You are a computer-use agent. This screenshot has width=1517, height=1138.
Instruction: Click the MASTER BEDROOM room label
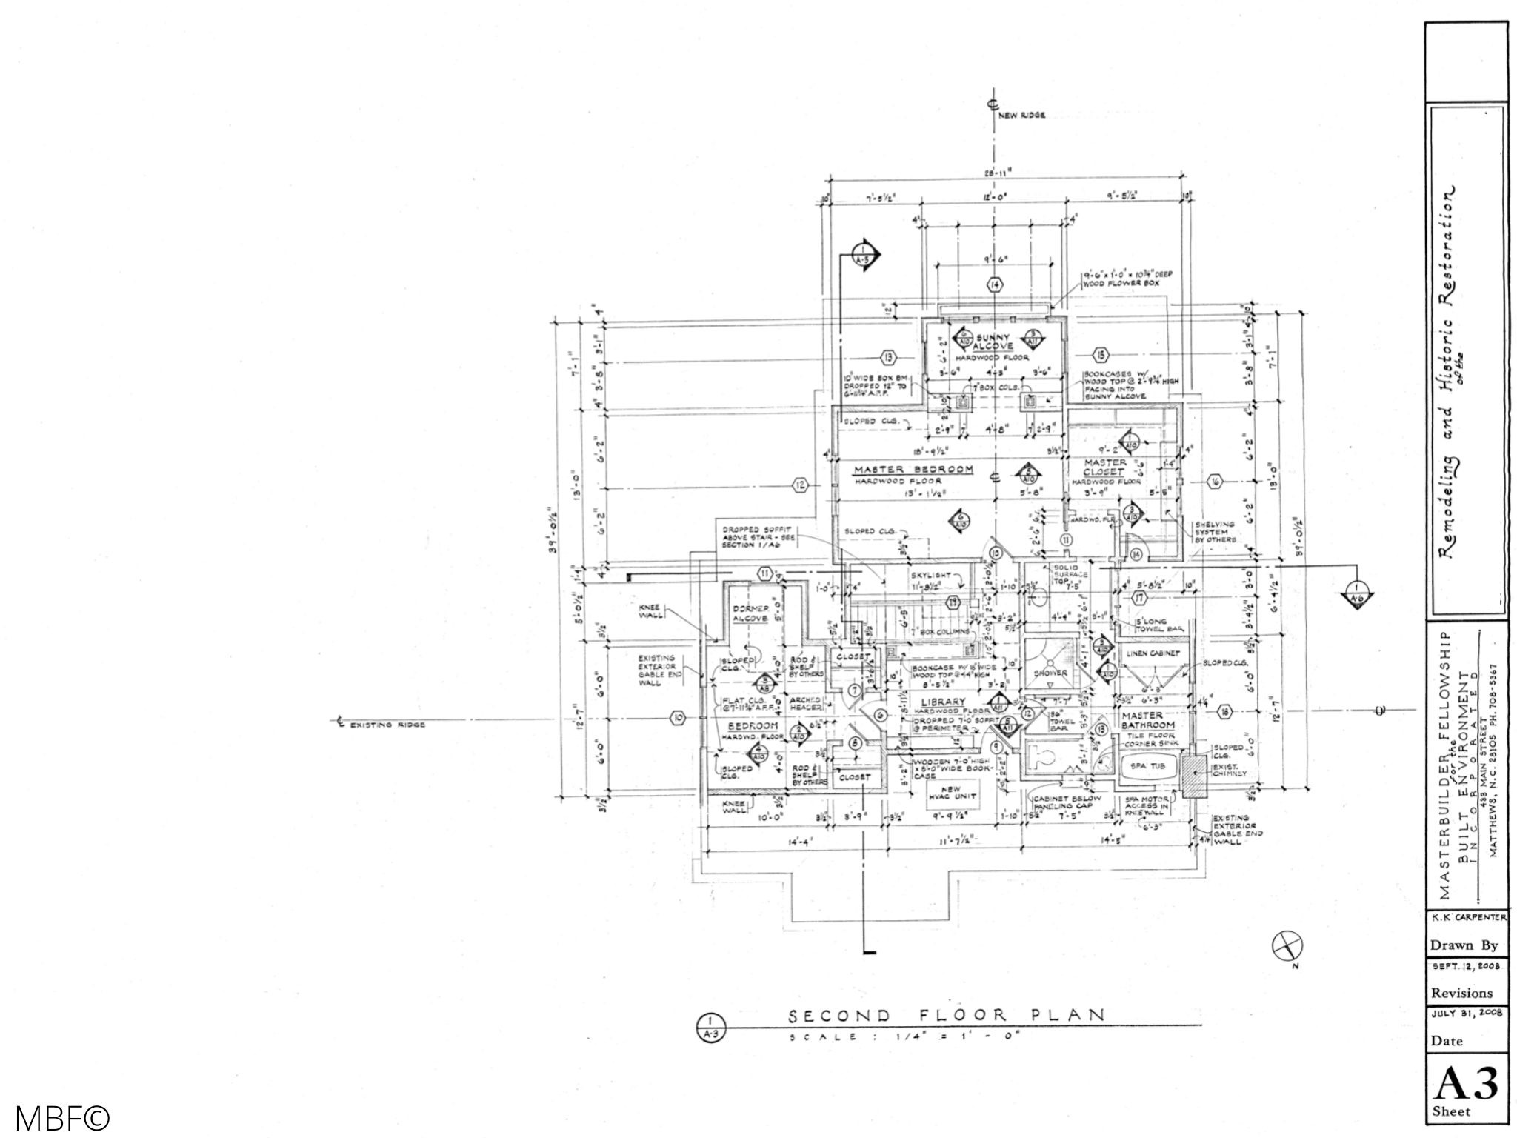click(x=913, y=470)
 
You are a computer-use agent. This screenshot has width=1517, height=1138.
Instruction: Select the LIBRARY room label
click(x=943, y=702)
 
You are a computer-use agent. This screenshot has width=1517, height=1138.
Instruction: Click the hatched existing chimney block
click(x=1194, y=776)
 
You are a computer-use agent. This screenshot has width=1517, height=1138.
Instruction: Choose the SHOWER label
click(x=1050, y=673)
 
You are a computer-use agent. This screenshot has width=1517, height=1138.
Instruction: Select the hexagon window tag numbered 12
click(x=800, y=486)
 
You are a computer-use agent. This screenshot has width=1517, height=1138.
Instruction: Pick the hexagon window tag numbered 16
click(x=1215, y=482)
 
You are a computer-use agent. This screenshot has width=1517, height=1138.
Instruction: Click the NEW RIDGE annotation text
click(x=1022, y=116)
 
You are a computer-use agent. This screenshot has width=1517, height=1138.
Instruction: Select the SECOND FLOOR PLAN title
click(x=946, y=1015)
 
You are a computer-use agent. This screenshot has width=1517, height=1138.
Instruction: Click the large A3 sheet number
click(x=1465, y=1084)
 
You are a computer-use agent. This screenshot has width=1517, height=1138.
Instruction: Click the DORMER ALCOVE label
click(x=750, y=613)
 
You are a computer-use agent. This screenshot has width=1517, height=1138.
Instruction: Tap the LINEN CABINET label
click(x=1153, y=653)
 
